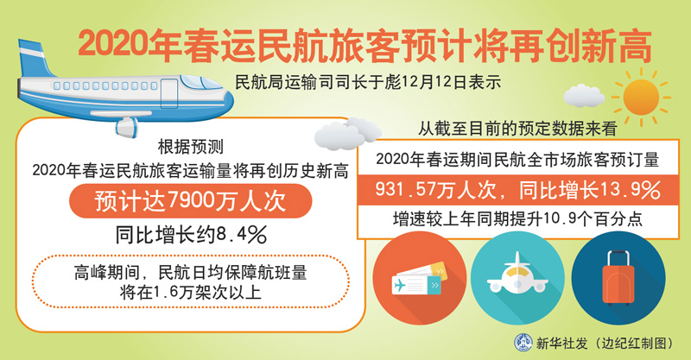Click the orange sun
point(641,98)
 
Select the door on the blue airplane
point(169,93)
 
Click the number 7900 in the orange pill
point(190,201)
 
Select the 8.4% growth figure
point(241,235)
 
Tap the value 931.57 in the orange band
point(403,190)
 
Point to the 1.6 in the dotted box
point(167,293)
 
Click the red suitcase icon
point(618,278)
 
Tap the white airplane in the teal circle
point(517,275)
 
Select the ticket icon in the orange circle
point(419,280)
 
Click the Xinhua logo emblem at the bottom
point(523,343)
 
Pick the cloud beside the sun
point(585,96)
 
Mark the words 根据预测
point(191,147)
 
